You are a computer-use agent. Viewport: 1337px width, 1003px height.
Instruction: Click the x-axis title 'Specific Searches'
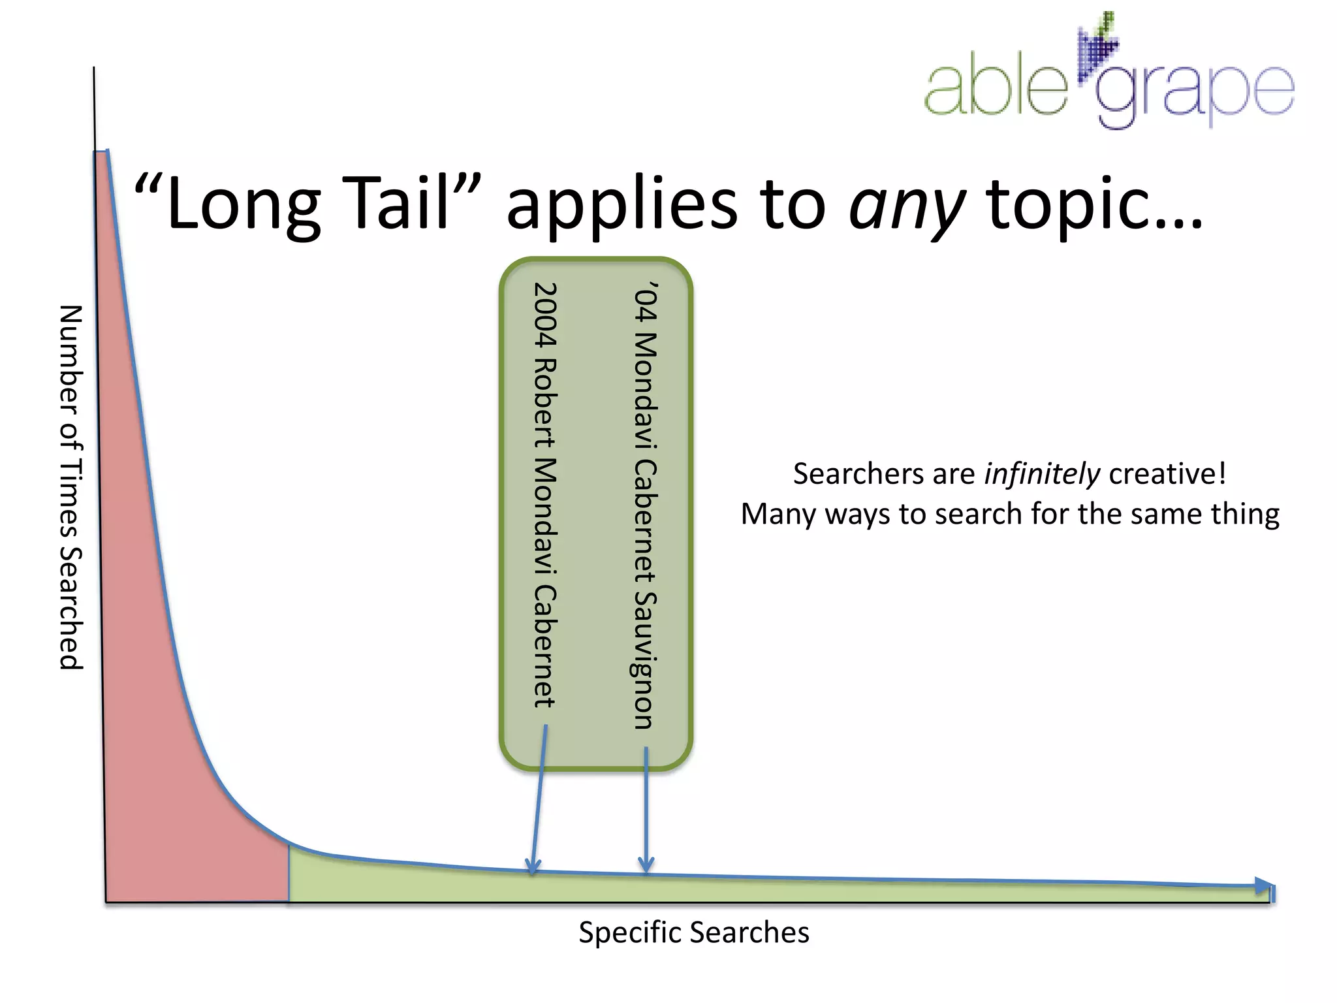click(x=693, y=932)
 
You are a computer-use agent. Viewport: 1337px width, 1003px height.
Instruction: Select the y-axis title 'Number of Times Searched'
click(x=71, y=487)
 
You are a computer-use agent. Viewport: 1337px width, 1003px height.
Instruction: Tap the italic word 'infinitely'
click(x=1042, y=474)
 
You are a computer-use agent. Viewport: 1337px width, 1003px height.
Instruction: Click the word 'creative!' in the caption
click(x=1167, y=474)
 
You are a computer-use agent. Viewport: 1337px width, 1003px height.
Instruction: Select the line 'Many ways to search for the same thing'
click(x=1009, y=515)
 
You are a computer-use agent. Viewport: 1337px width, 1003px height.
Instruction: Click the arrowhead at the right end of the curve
click(x=1264, y=886)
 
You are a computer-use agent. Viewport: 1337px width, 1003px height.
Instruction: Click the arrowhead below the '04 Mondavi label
click(x=646, y=866)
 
